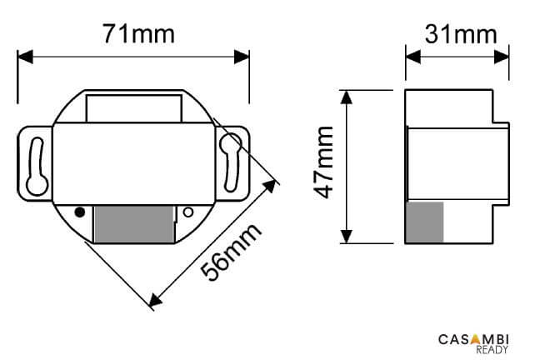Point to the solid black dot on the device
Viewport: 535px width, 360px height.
80,212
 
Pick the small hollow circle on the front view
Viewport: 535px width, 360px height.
187,212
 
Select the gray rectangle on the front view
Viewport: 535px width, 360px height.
133,223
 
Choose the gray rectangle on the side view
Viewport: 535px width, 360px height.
424,222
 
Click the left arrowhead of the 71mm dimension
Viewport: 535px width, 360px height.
24,57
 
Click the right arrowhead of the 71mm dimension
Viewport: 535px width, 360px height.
242,57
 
